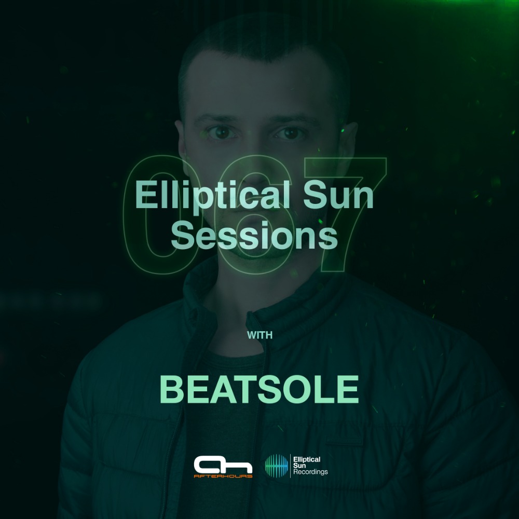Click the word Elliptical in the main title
[213, 196]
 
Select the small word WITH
[260, 335]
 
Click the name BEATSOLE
[259, 389]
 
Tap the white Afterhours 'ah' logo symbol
[223, 465]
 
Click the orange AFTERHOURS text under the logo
[223, 476]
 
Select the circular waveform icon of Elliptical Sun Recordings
[277, 466]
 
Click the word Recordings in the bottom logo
[310, 472]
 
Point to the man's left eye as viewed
[221, 133]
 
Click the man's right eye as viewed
[290, 133]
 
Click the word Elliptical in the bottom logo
[307, 459]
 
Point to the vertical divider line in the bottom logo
[291, 466]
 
